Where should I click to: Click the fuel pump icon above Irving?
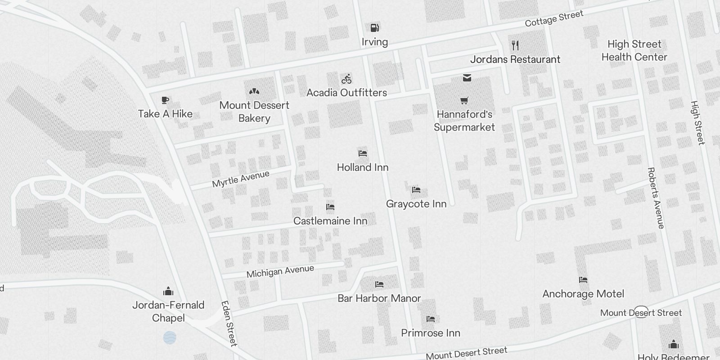pos(374,28)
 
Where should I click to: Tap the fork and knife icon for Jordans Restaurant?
pos(515,45)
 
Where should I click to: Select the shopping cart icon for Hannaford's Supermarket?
pos(464,100)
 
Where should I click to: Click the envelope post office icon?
pos(467,78)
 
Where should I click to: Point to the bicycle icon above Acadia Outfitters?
pos(346,79)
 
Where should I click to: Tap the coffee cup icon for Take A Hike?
pos(165,100)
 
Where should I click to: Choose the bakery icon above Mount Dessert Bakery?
pos(254,91)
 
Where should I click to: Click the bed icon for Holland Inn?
pos(363,153)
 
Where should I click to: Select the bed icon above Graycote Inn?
pos(416,190)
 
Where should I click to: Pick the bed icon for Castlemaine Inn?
pos(330,207)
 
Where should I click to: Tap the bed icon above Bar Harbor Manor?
pos(379,284)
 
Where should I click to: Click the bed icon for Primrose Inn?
pos(431,319)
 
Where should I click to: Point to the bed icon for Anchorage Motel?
pos(583,280)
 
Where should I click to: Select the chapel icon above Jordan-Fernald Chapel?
pos(168,291)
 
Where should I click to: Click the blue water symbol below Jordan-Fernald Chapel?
pos(170,337)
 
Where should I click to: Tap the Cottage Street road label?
pos(554,18)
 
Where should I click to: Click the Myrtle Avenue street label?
pos(241,179)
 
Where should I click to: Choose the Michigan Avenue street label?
pos(280,271)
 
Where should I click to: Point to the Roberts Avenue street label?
pos(656,198)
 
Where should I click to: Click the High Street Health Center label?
pos(634,50)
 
